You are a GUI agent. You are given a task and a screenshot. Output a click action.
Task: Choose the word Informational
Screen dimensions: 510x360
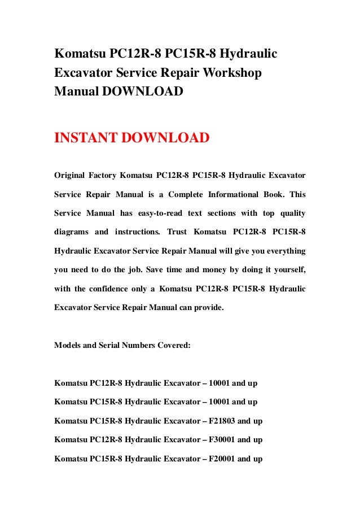(x=231, y=194)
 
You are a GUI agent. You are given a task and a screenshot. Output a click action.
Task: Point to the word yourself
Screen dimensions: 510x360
(x=287, y=269)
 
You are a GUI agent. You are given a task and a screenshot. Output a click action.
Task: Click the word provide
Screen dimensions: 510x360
(x=208, y=307)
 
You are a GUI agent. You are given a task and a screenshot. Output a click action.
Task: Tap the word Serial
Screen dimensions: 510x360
(x=121, y=345)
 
